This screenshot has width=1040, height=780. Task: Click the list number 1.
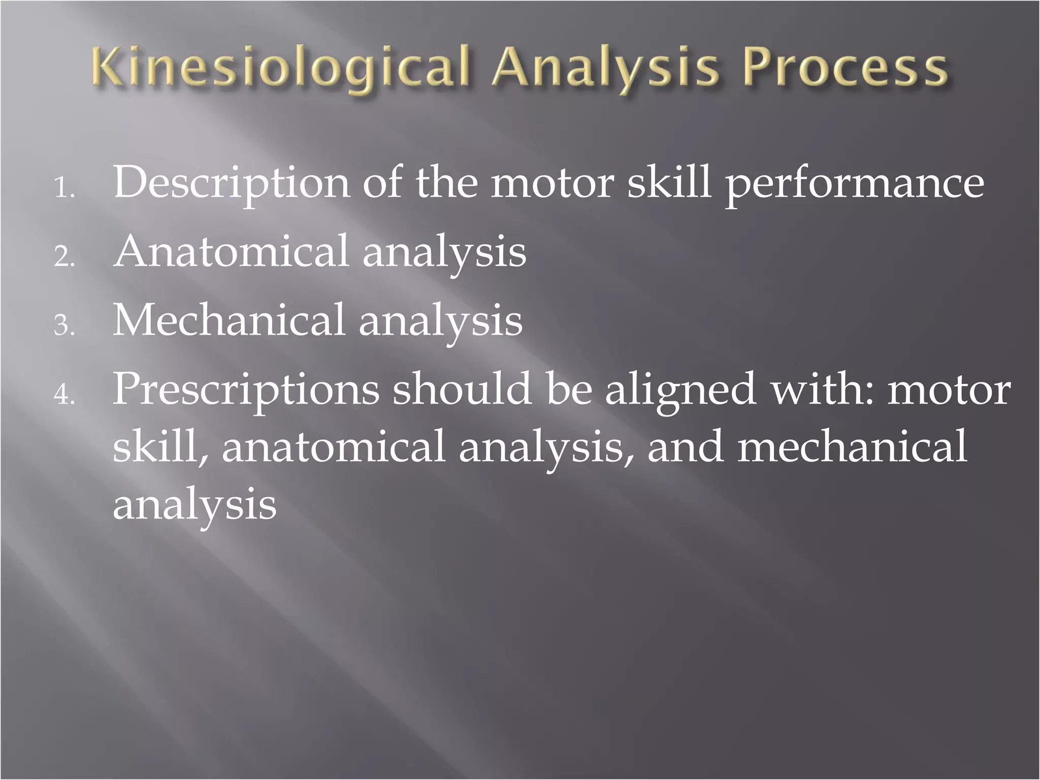(63, 189)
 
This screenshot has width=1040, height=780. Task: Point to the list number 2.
(63, 258)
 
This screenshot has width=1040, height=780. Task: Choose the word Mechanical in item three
(229, 320)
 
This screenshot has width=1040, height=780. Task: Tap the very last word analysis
(194, 505)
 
